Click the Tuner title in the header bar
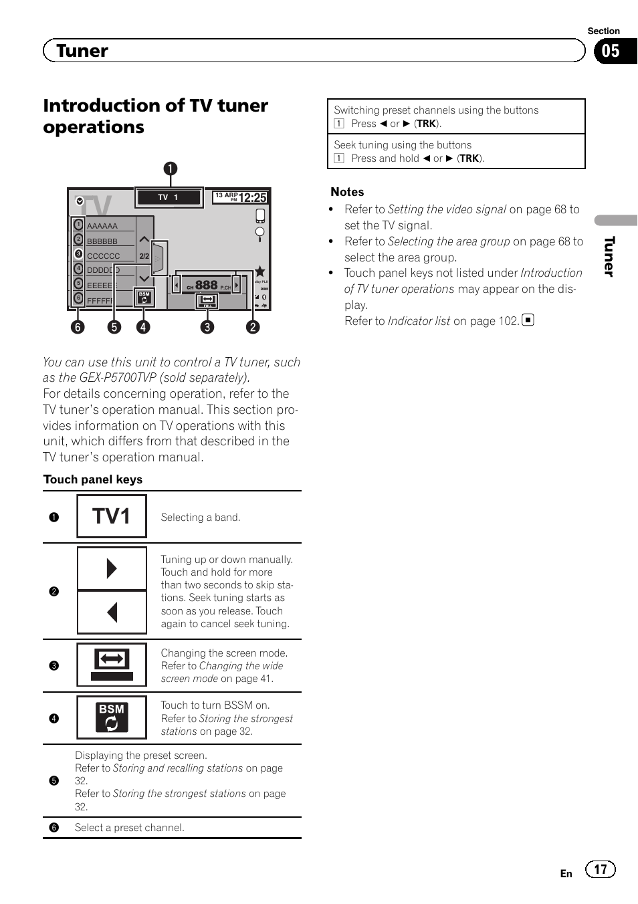point(82,51)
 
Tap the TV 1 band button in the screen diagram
point(169,197)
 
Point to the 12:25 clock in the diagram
point(252,198)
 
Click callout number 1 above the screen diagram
point(171,168)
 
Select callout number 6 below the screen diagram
point(78,327)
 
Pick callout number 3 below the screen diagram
point(207,327)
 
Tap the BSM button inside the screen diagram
point(144,298)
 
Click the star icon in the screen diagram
point(260,271)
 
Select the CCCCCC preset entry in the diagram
point(103,256)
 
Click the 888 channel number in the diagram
point(206,285)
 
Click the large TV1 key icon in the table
point(112,516)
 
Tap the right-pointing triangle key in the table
point(112,568)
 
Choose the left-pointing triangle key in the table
point(112,612)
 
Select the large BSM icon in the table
point(112,717)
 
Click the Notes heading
point(347,192)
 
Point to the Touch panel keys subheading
point(93,479)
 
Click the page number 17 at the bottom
point(601,869)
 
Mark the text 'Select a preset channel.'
point(130,828)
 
